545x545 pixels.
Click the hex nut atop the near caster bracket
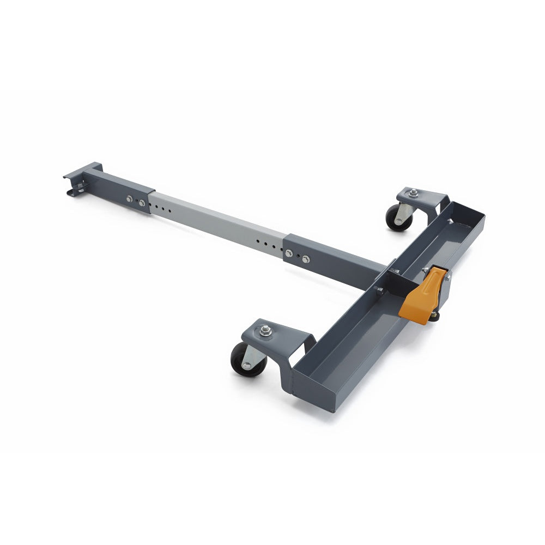click(266, 329)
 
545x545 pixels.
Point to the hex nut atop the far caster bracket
click(414, 192)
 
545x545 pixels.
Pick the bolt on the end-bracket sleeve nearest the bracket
click(129, 199)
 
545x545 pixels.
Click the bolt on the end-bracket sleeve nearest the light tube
click(142, 203)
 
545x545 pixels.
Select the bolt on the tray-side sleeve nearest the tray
click(306, 259)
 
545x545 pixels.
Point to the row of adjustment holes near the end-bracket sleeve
click(162, 208)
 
